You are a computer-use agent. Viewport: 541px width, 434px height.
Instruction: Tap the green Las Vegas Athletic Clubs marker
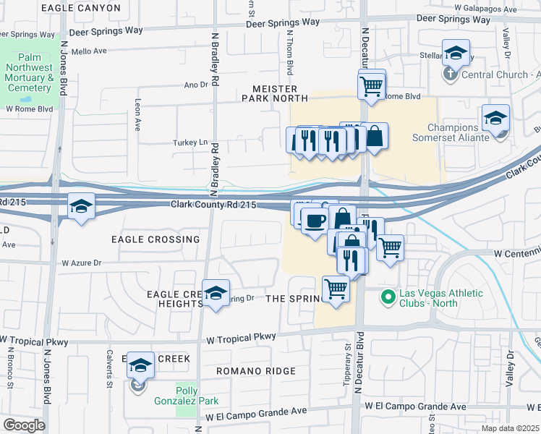point(388,296)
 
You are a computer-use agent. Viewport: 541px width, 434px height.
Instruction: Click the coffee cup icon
point(314,220)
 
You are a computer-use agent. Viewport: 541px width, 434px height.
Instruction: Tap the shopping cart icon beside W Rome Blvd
point(371,86)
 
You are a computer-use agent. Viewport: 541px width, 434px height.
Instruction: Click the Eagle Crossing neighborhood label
point(155,239)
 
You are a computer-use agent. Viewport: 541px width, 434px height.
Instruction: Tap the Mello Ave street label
point(89,51)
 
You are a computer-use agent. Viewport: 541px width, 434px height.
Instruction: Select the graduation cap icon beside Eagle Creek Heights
point(216,293)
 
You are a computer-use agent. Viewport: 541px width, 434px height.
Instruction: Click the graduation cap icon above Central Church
point(456,53)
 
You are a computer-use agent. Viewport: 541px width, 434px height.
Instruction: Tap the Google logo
point(24,425)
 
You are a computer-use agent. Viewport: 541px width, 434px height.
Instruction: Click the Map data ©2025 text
point(510,428)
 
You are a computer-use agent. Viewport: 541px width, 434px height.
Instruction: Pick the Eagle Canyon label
point(81,8)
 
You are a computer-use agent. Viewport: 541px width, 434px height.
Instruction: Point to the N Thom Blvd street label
point(289,58)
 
